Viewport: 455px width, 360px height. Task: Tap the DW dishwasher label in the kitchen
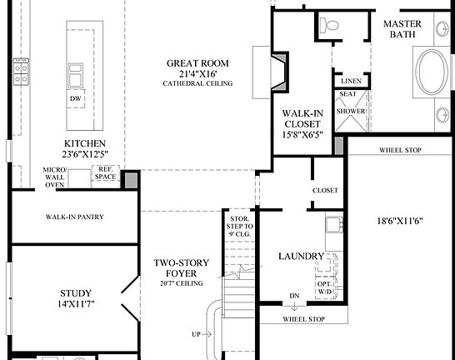pos(76,98)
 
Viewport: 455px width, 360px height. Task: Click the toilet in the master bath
pos(332,27)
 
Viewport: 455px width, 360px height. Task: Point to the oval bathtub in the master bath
pos(431,73)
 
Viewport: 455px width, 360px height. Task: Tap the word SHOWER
pos(350,111)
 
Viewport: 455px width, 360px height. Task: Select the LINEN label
pos(350,81)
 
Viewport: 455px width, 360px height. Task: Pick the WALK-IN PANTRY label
pos(73,217)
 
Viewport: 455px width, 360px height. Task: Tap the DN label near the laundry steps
pos(293,296)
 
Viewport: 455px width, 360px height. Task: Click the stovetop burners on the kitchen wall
pos(21,72)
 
